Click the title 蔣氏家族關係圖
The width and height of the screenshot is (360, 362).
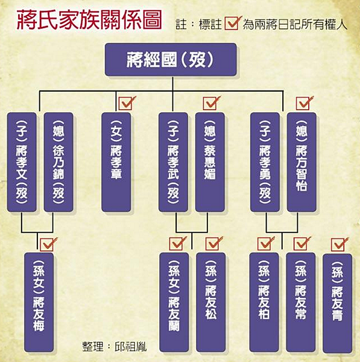pos(89,21)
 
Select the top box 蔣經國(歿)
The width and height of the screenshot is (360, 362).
pos(171,60)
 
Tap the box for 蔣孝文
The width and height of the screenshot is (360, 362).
pos(22,162)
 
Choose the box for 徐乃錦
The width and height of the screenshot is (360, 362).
pos(58,162)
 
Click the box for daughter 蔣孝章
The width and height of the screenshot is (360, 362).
pos(116,162)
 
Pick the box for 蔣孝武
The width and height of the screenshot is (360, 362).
pos(173,162)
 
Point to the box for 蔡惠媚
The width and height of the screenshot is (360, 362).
pos(210,162)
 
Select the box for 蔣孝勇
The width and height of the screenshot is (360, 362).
pos(265,162)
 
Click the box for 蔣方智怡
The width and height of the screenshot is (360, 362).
pos(302,162)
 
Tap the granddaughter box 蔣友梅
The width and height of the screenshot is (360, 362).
pos(39,302)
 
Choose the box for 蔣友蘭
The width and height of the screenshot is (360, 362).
pos(174,302)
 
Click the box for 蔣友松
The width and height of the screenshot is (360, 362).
pos(210,302)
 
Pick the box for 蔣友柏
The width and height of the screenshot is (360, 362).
pos(264,302)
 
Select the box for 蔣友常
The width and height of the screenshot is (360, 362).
pos(300,302)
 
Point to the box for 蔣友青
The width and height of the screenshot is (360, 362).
pos(337,303)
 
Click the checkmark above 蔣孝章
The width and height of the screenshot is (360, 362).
pos(127,103)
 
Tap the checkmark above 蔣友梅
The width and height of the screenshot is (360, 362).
pos(48,244)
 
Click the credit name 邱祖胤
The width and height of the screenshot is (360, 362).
pos(131,346)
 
